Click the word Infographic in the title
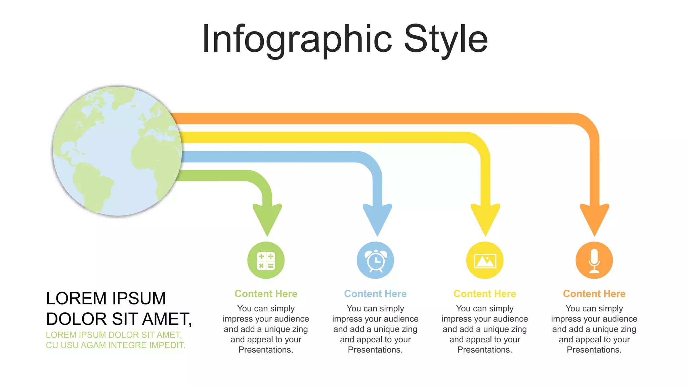coord(297,40)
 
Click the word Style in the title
coord(445,40)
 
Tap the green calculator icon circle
coord(266,260)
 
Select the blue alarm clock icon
coord(375,260)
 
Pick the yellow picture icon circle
coord(485,260)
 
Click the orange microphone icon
coord(594,260)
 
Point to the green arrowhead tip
coord(267,236)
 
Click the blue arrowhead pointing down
coord(377,220)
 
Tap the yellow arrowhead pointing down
coord(485,220)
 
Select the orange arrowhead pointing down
coord(595,220)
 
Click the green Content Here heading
coord(266,294)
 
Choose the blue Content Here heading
coord(375,294)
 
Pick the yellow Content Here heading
coord(485,294)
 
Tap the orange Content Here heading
coord(594,294)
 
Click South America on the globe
coord(92,186)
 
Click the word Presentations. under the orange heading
coord(594,350)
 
